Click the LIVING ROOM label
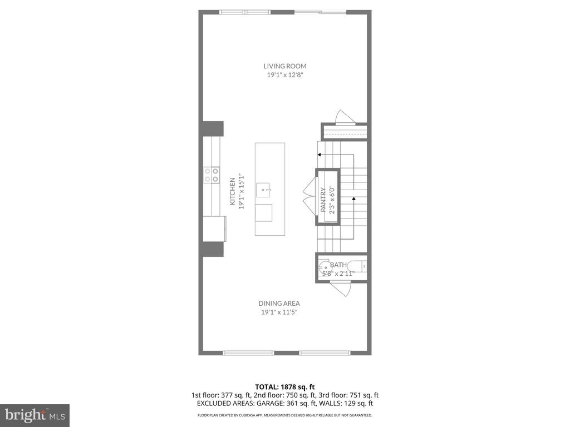285,66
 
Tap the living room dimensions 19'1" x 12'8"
285,75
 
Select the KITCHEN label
233,191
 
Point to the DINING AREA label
279,304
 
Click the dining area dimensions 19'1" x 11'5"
279,312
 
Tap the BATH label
338,265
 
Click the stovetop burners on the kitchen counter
212,175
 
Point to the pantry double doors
308,196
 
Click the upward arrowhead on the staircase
353,198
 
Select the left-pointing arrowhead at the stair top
320,155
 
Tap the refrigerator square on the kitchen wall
214,229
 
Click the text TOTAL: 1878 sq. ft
285,387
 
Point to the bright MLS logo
35,415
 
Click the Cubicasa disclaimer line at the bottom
285,415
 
